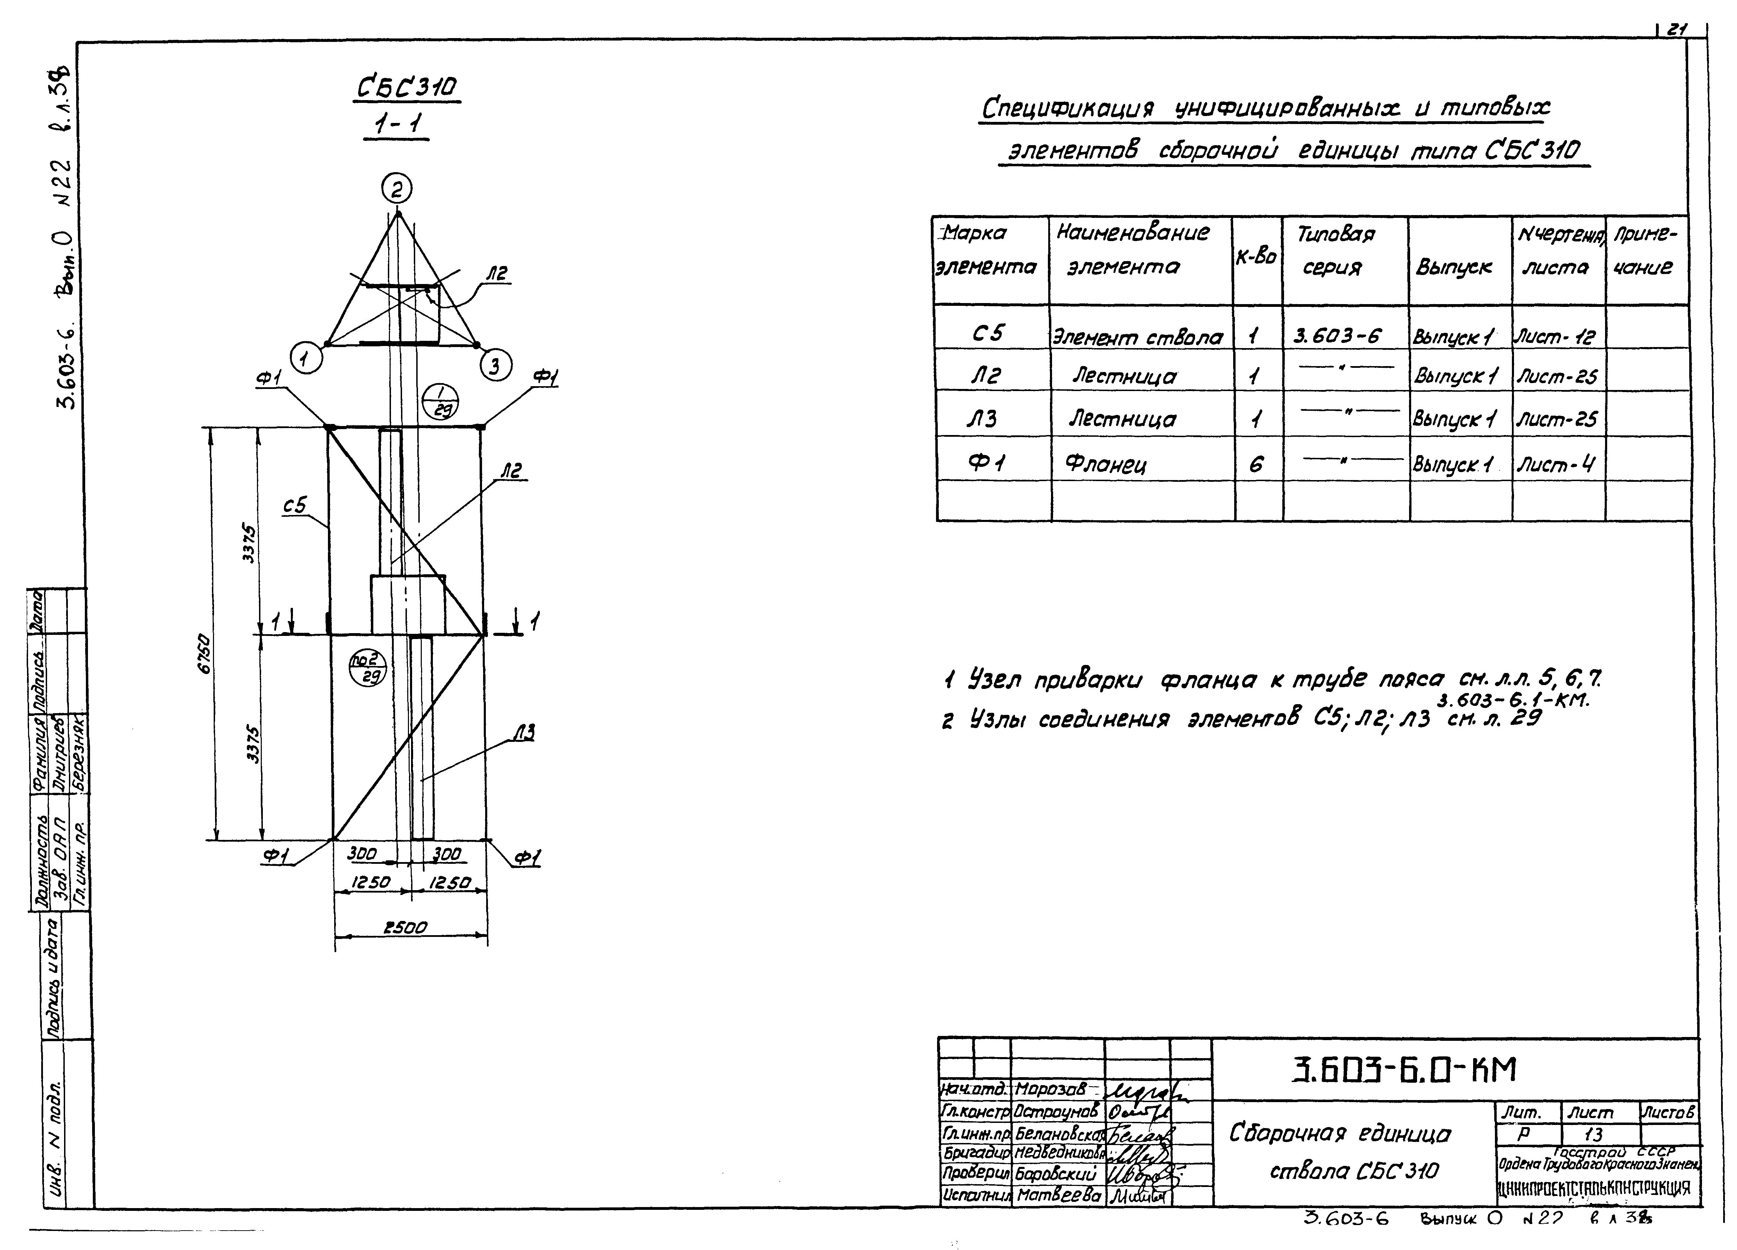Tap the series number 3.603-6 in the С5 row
[1337, 336]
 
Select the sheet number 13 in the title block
[1593, 1134]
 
